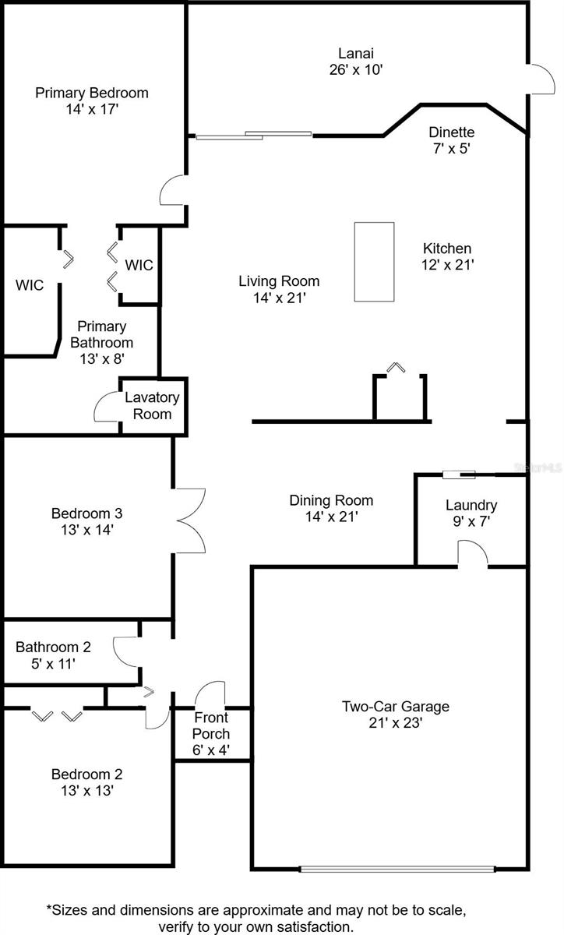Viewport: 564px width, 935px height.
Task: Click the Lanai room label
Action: (355, 54)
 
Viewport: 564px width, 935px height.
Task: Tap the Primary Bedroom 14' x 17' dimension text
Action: (92, 110)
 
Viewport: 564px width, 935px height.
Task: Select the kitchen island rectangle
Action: (374, 262)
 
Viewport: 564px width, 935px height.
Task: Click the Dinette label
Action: (451, 132)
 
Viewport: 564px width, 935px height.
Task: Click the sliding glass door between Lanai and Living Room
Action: (253, 136)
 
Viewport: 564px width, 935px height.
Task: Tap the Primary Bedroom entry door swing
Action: (173, 191)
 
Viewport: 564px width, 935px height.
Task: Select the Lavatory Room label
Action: (152, 397)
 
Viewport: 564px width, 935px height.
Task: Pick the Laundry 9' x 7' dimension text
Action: (471, 523)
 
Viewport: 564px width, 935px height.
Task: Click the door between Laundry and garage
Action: (472, 555)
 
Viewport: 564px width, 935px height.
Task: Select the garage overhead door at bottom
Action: (397, 868)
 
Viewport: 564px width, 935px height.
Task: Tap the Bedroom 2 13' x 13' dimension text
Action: (86, 791)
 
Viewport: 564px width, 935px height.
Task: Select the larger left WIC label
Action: (30, 285)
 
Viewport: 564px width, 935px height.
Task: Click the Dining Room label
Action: (331, 500)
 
